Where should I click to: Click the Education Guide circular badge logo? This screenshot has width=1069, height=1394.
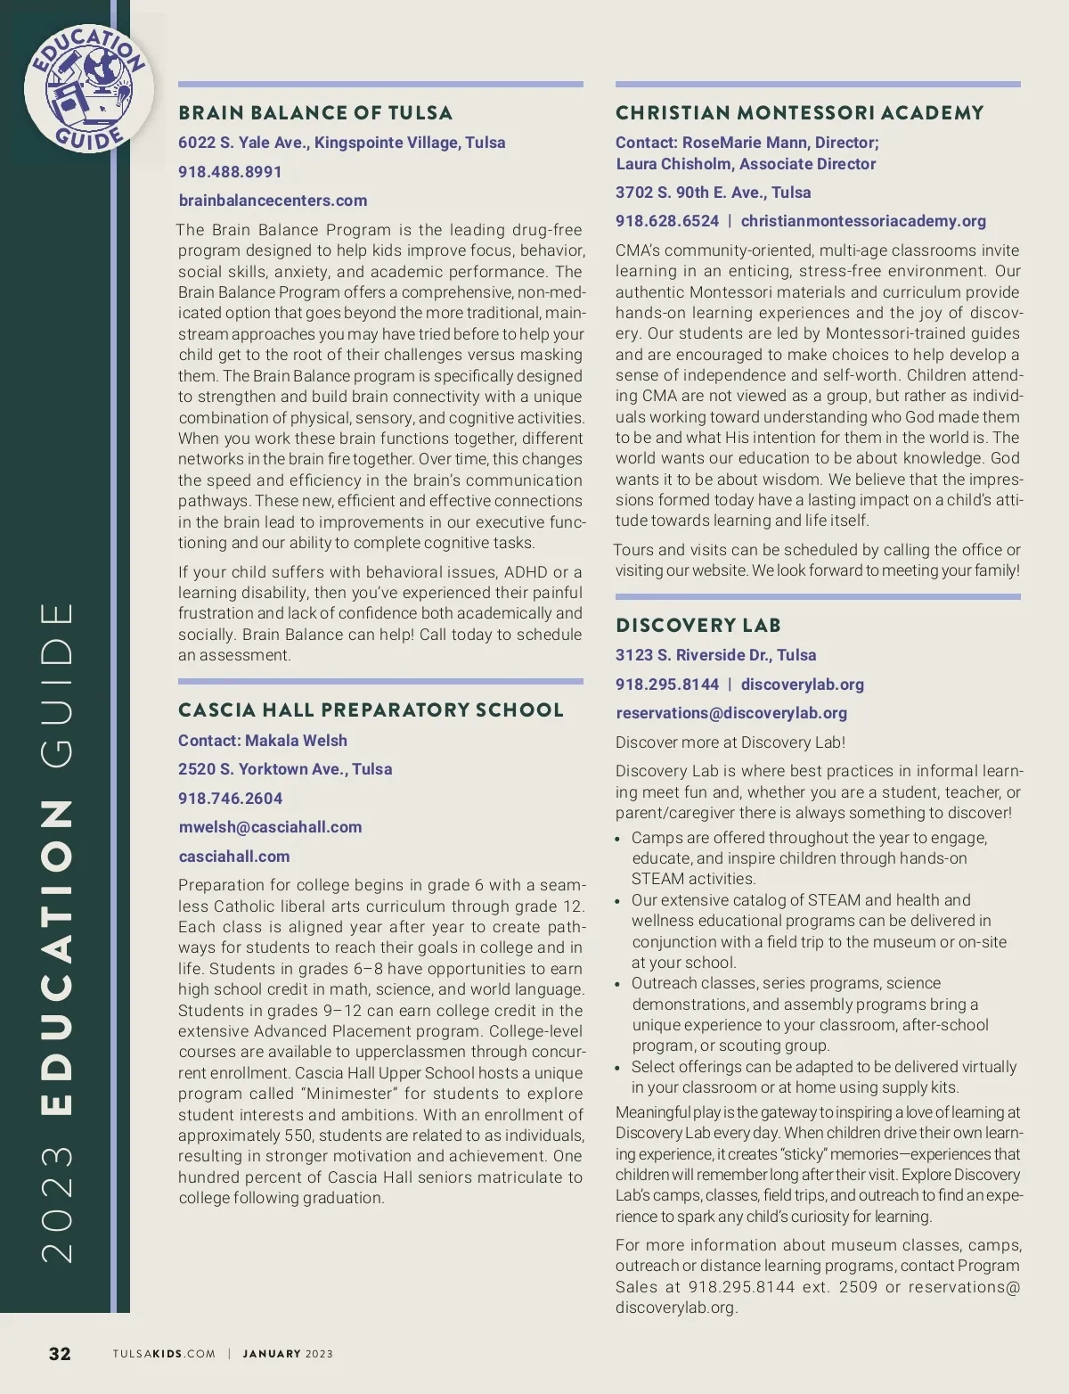point(87,89)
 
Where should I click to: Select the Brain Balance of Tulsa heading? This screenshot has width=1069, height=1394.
point(315,113)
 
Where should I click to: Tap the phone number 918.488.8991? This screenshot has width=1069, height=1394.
point(230,172)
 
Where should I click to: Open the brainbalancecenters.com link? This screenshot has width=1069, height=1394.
point(273,201)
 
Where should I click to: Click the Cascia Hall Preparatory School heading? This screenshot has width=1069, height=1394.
point(371,710)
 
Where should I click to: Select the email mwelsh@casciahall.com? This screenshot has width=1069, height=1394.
point(270,827)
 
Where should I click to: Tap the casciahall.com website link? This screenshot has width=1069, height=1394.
point(234,857)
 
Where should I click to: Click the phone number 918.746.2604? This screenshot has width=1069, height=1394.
point(230,799)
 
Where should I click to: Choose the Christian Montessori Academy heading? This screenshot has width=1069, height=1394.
point(799,113)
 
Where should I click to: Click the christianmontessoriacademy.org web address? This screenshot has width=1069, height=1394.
point(863,221)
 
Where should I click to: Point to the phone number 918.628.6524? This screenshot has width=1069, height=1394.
point(666,221)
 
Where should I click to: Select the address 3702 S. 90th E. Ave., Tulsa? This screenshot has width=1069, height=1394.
point(713,193)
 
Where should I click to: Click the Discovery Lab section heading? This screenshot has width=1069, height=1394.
point(698,626)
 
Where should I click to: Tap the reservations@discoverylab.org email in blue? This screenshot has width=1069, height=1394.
point(731,713)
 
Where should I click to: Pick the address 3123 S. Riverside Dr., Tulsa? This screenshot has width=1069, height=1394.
point(715,655)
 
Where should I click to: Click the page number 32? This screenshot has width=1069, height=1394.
point(60,1354)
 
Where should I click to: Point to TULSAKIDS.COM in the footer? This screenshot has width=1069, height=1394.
point(164,1354)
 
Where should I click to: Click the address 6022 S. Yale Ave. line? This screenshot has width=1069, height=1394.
point(341,143)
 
